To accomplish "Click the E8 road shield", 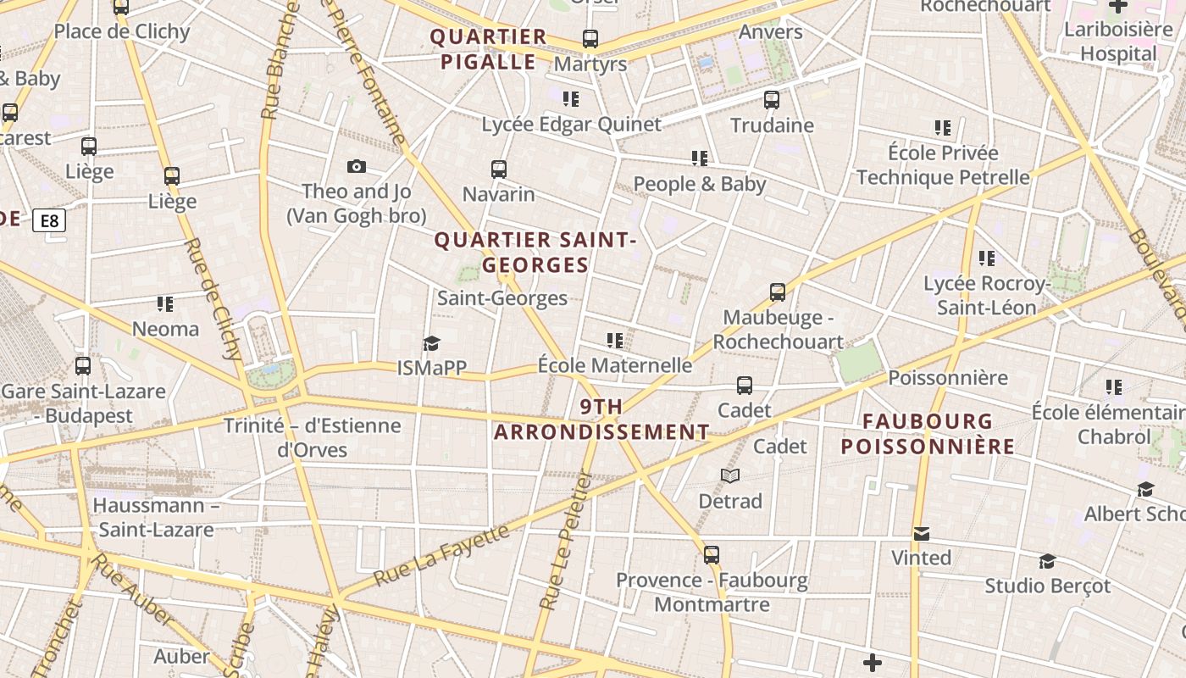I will (x=49, y=221).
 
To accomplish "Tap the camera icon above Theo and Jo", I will (x=357, y=166).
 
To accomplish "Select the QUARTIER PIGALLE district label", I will (x=489, y=49).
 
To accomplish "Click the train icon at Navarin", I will (x=499, y=169).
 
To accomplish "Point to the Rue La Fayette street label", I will (x=441, y=556).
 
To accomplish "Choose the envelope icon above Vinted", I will (x=922, y=534).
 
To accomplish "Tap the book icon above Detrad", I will (x=730, y=476).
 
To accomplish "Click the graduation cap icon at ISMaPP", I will (x=432, y=343).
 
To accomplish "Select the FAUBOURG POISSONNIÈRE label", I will (x=928, y=434).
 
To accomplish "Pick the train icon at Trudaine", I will (x=772, y=100).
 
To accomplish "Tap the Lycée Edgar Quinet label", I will (x=571, y=125).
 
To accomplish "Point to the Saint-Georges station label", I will (x=502, y=298).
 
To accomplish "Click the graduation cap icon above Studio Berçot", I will (x=1047, y=561).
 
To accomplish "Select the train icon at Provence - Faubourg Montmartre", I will (x=712, y=555).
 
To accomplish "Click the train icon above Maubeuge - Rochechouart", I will (x=778, y=292).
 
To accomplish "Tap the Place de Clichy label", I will (x=122, y=32).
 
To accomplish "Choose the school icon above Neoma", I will (x=165, y=303).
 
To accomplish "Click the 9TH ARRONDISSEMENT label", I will (x=601, y=420).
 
